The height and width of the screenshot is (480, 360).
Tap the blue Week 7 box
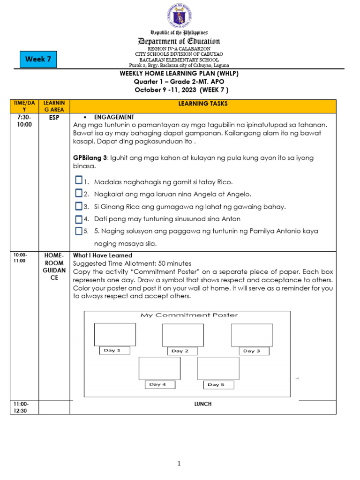pos(38,60)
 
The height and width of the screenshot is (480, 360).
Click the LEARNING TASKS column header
pos(202,103)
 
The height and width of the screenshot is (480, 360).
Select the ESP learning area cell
pos(54,117)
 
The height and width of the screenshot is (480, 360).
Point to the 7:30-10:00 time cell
pos(23,120)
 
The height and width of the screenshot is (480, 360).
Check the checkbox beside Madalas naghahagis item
pos(79,181)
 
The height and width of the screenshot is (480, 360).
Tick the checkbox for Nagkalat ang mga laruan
pos(79,193)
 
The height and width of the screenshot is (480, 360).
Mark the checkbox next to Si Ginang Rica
pos(79,206)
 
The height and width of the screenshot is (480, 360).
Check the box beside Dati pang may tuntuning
pos(79,218)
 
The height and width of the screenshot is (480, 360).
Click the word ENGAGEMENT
pos(114,117)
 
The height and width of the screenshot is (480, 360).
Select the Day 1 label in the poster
pos(112,351)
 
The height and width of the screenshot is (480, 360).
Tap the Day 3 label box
pos(252,351)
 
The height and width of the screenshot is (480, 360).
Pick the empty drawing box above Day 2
pos(182,335)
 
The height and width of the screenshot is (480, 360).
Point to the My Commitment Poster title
pos(189,315)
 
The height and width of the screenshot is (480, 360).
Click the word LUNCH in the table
pos(203,404)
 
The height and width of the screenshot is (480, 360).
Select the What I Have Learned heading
pos(103,255)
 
